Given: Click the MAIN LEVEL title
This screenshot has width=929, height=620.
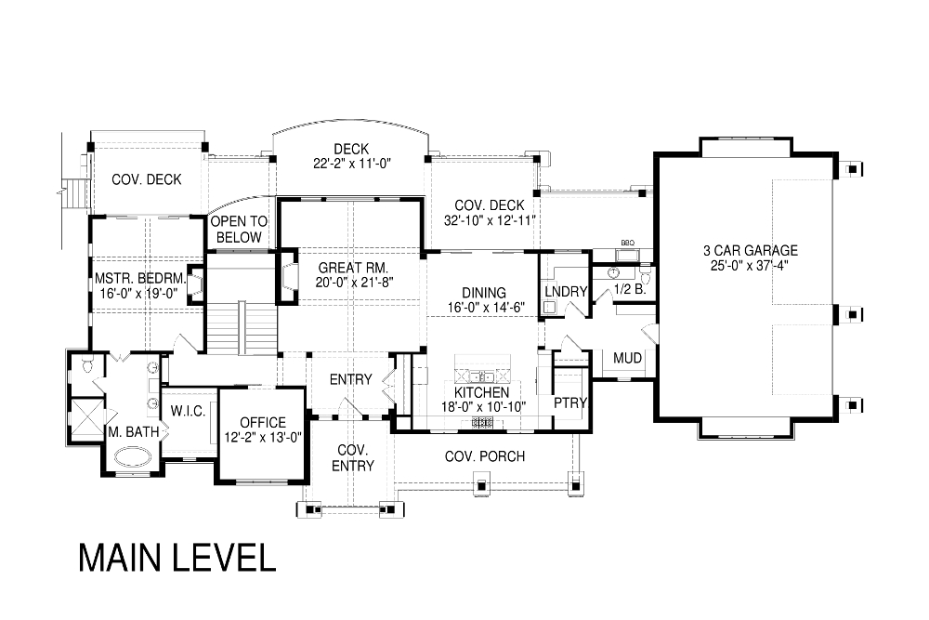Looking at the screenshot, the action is [x=177, y=557].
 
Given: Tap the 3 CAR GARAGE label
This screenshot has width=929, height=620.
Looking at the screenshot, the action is [x=750, y=250].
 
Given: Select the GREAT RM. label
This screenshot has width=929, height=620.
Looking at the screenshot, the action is [x=353, y=268].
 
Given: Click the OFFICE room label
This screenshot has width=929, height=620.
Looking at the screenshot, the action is [x=263, y=423].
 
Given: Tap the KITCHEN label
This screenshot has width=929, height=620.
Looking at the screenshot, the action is [x=481, y=392].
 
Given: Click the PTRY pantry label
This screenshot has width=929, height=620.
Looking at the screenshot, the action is [x=570, y=403].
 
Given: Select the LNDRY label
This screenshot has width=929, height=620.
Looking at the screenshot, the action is [x=566, y=292].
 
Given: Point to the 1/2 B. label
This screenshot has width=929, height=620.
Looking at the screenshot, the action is [x=630, y=290].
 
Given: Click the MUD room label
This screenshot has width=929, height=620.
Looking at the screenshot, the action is [x=627, y=358].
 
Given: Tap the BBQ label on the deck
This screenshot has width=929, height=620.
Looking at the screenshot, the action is [x=627, y=243].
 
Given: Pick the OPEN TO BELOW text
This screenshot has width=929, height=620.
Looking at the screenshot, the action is [x=239, y=230].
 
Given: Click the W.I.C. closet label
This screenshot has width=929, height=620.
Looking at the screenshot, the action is [x=188, y=411].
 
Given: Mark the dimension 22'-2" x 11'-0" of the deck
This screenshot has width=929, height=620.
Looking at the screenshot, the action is [x=352, y=164].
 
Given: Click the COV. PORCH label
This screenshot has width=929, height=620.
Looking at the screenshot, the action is [x=485, y=456].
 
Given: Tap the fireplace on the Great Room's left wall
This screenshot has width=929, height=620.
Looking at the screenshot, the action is [x=289, y=276].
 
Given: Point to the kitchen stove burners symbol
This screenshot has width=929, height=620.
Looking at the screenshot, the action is [x=481, y=423].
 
